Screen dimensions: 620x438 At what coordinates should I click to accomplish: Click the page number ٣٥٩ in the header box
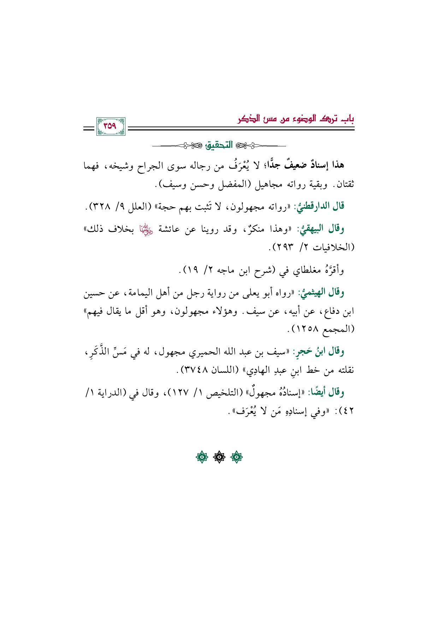(110, 126)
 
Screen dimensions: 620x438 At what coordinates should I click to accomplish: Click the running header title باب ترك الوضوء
(296, 119)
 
